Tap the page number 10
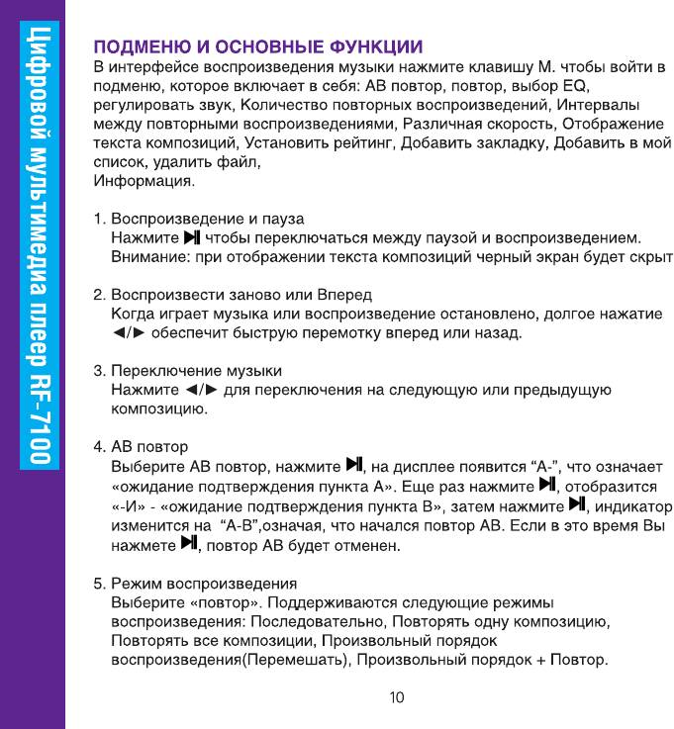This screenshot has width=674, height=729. (x=396, y=697)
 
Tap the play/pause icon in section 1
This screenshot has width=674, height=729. (x=192, y=237)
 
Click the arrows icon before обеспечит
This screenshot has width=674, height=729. (x=131, y=332)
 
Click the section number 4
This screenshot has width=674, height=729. (x=98, y=446)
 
